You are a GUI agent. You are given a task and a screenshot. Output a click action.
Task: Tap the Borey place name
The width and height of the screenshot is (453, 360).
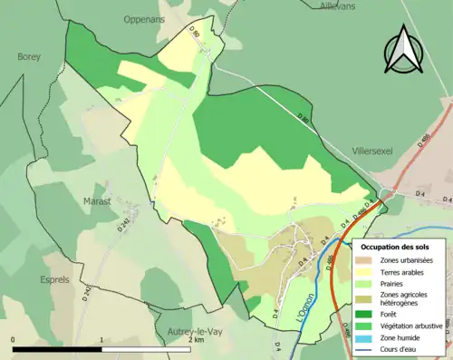coord(29,56)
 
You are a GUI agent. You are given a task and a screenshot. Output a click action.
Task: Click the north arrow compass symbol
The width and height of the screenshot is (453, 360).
coord(404,50)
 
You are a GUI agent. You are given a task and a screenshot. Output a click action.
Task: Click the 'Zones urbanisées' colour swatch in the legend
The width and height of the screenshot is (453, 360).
coord(371,260)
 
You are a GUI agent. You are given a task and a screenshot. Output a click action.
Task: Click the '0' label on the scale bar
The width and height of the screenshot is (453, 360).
coord(14,341)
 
